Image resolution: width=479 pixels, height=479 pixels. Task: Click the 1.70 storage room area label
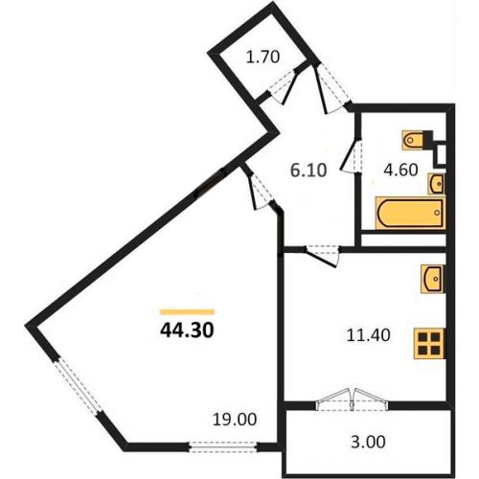(263, 57)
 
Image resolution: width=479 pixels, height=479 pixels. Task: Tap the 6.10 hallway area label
(308, 171)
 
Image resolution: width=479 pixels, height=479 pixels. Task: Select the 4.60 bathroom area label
(400, 170)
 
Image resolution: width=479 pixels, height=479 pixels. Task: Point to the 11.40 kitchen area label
(369, 335)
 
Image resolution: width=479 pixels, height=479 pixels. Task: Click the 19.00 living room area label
(235, 420)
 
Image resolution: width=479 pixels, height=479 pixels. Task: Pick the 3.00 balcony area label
(368, 443)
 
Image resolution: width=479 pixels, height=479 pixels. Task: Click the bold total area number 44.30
(187, 331)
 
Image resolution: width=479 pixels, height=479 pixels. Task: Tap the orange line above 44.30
(187, 312)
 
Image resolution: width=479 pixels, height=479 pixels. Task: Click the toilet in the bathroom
(413, 140)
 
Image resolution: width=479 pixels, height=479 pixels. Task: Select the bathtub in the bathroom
(411, 213)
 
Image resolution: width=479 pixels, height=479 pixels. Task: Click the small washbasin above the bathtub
(436, 184)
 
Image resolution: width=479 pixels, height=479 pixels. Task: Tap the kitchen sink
(433, 279)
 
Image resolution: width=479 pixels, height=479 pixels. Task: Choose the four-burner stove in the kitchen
(429, 344)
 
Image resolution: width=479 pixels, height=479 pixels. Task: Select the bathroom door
(351, 156)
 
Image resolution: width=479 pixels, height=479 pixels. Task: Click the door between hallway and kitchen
(322, 255)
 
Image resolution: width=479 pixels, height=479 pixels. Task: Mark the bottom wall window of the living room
(223, 446)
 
